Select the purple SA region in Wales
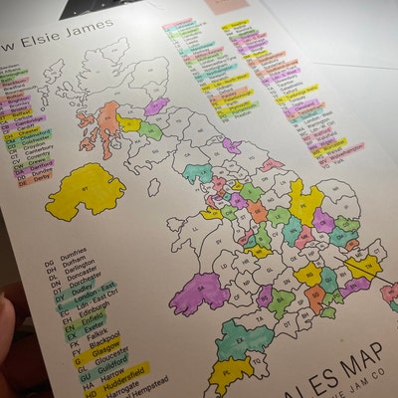point(200,294)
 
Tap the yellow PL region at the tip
point(227,374)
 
